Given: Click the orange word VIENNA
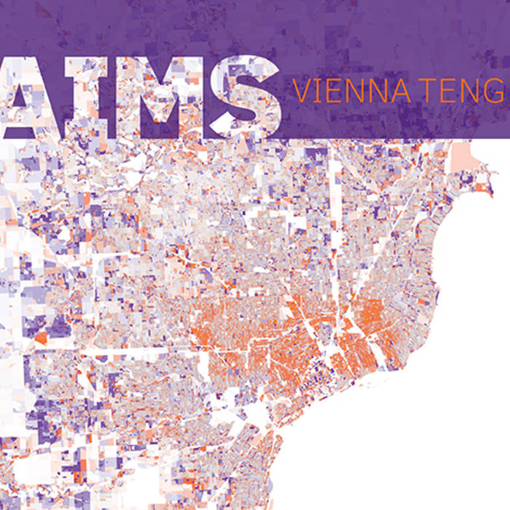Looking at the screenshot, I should coord(348,92).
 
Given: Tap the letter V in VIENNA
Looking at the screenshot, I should coord(300,92).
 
